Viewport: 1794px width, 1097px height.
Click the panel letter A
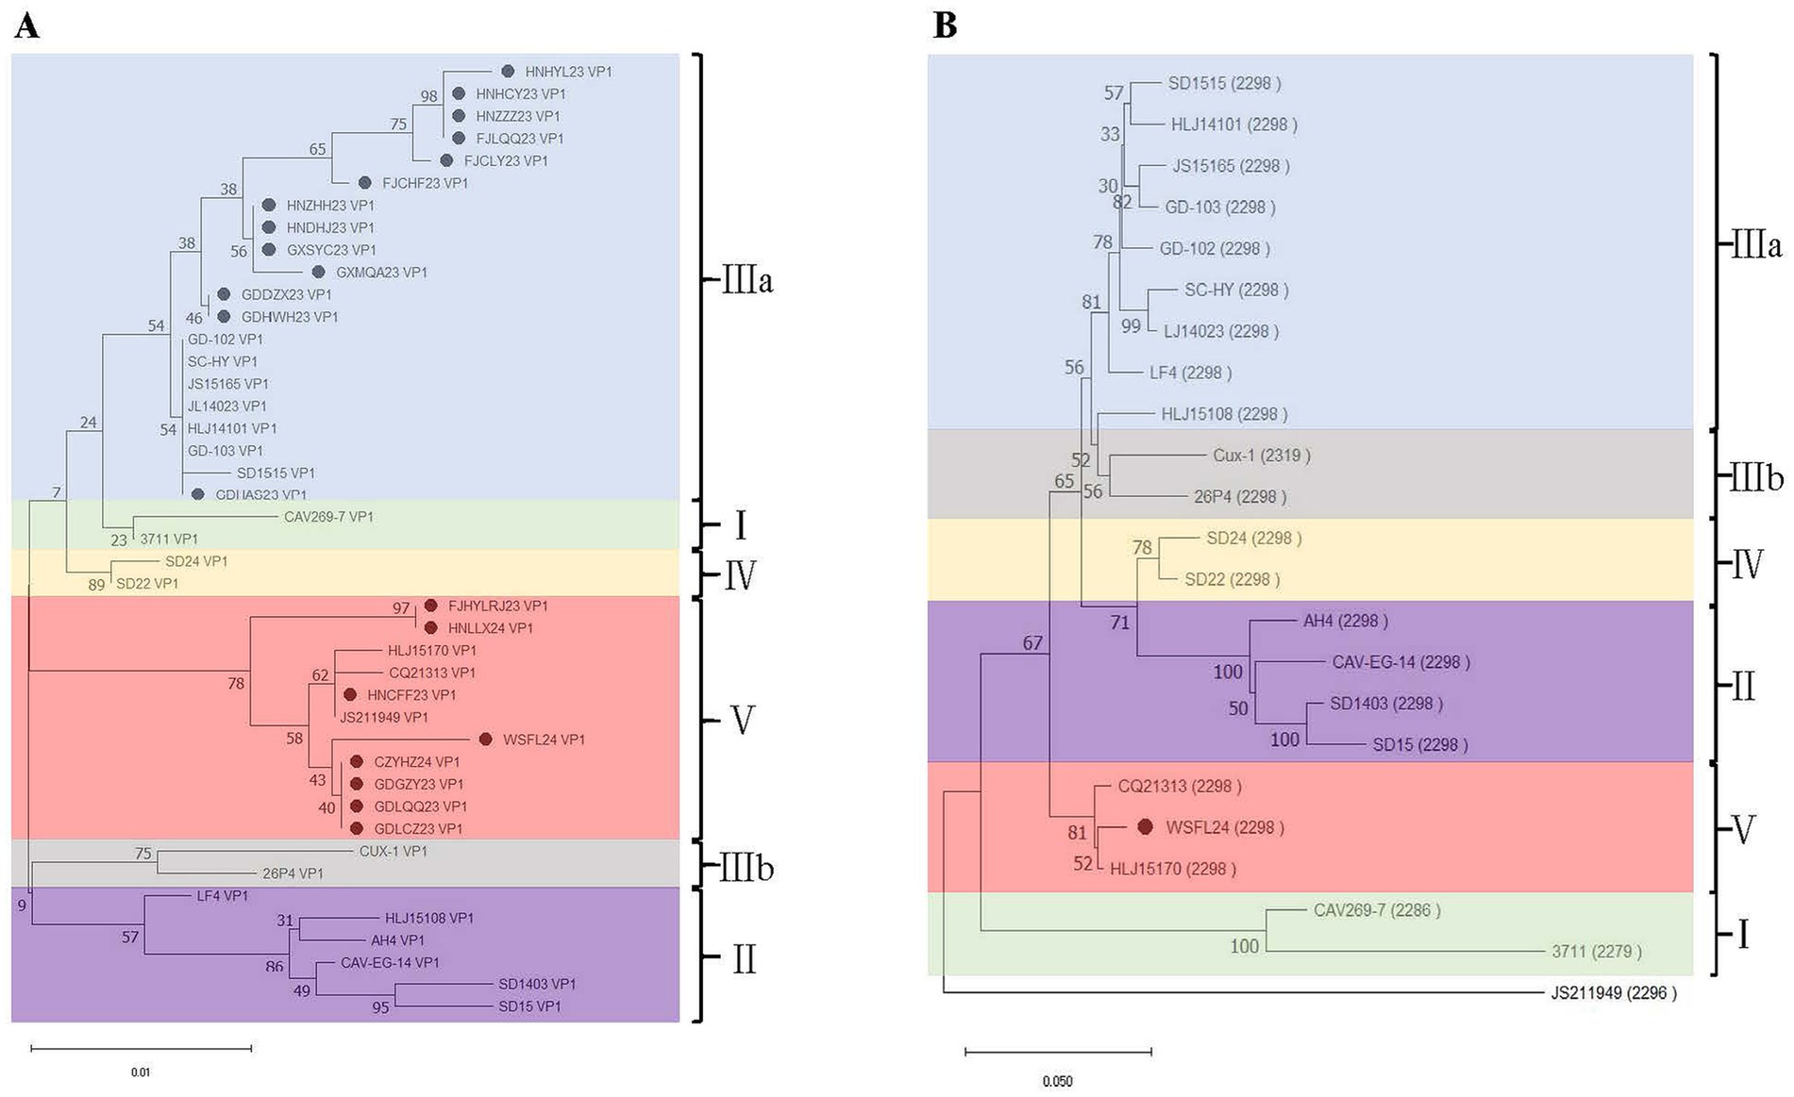point(26,25)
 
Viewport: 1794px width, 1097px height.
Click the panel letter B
point(945,25)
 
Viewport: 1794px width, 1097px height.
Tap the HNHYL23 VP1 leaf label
point(568,72)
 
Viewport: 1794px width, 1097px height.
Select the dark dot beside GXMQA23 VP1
point(319,272)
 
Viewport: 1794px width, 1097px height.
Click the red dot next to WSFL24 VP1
point(485,740)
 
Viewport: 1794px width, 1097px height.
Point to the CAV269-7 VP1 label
point(328,517)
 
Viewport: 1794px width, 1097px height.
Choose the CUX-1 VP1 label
point(393,851)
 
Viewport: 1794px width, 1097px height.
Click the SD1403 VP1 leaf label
point(536,984)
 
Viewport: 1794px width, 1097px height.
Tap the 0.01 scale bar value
point(141,1072)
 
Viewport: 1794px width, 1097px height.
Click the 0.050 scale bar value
point(1057,1081)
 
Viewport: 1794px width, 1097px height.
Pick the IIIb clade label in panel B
point(1756,479)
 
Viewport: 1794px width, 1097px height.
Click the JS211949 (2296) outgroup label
point(1613,992)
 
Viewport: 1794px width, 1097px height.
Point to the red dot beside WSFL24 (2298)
point(1145,827)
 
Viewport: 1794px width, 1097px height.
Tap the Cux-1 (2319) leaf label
point(1261,456)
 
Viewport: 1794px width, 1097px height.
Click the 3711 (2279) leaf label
point(1596,952)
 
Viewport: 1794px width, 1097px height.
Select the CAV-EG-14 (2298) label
point(1400,662)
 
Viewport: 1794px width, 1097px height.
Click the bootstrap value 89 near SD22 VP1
point(96,585)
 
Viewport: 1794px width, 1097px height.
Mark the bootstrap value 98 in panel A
point(429,96)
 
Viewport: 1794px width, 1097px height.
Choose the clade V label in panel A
point(743,721)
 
